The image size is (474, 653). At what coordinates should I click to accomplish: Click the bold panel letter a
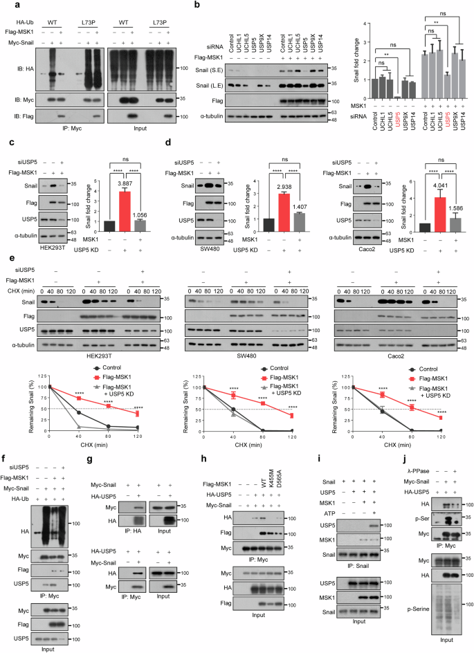coord(6,6)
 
